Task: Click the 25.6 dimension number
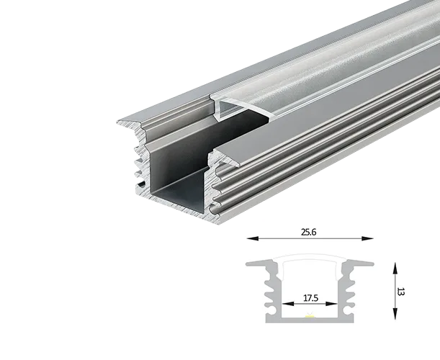(x=309, y=232)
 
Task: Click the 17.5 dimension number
(x=310, y=298)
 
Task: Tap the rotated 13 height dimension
(x=401, y=292)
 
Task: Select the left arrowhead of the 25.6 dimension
(x=253, y=238)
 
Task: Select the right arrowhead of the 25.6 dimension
(x=367, y=238)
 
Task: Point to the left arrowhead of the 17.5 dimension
(x=288, y=304)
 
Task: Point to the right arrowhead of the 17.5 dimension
(x=331, y=304)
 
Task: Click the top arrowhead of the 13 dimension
(x=395, y=269)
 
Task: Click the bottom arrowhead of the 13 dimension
(x=395, y=314)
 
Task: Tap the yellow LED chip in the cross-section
(x=310, y=316)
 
